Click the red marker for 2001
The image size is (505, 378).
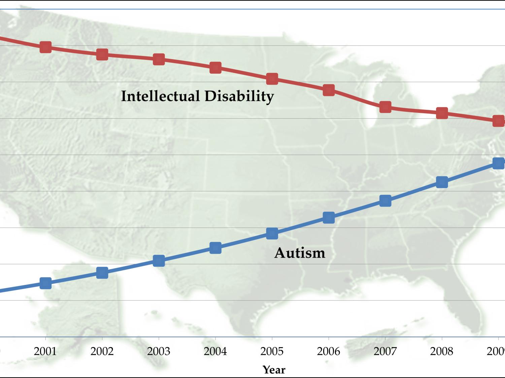[x=45, y=47]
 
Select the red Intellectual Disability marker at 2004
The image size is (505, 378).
[x=215, y=68]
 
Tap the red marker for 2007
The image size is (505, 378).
[x=385, y=107]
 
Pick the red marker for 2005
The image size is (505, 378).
[x=272, y=79]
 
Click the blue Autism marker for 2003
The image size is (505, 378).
[x=159, y=261]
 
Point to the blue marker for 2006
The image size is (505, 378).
[x=329, y=218]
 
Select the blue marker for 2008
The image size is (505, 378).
[x=442, y=182]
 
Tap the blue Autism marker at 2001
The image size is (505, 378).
[x=45, y=283]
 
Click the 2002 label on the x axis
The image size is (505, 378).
[x=102, y=351]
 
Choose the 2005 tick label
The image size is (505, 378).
[x=272, y=351]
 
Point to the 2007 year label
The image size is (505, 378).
[x=385, y=351]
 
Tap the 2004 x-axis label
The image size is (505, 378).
[x=215, y=351]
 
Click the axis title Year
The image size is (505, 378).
[x=274, y=370]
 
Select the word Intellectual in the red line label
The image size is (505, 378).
[x=160, y=96]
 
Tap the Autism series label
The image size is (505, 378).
[x=300, y=253]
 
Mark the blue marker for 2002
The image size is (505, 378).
[x=102, y=272]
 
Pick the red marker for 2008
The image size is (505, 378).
[x=442, y=113]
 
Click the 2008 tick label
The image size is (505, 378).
[x=442, y=351]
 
